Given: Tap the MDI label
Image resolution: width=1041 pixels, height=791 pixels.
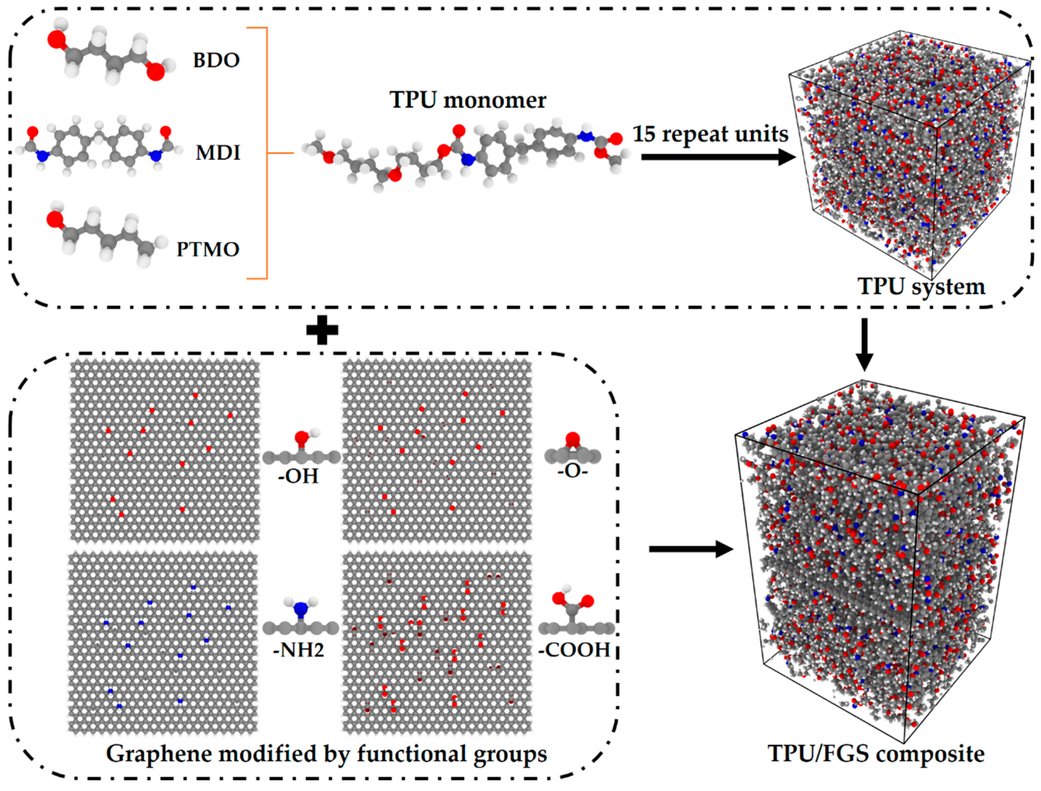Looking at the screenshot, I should [x=218, y=153].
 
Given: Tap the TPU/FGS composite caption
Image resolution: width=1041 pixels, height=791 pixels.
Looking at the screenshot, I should [x=876, y=754].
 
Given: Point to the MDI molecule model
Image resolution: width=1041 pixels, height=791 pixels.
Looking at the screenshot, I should [x=99, y=146].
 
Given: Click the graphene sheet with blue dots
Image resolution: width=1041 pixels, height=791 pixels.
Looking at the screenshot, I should [x=163, y=643].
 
